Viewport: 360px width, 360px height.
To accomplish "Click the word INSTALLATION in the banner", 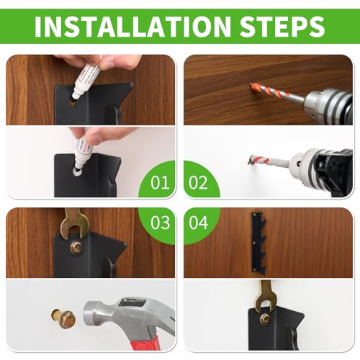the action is click(x=132, y=26).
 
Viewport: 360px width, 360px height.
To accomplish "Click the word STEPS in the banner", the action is click(x=282, y=26).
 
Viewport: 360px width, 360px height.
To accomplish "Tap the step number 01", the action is click(x=160, y=183).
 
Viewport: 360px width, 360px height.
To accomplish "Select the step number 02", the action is click(x=198, y=183).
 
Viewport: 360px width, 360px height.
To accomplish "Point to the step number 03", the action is click(x=161, y=222).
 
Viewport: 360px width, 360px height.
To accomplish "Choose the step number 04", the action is click(x=198, y=222).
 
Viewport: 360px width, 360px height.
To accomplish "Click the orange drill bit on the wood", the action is click(x=274, y=91).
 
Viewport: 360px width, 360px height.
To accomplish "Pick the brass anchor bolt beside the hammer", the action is click(x=63, y=318).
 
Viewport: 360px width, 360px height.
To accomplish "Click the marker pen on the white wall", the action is click(x=84, y=153).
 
